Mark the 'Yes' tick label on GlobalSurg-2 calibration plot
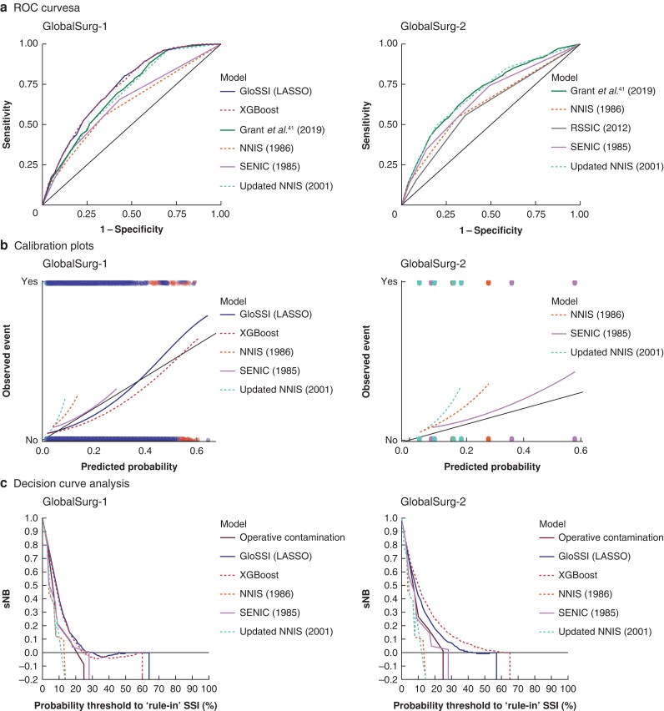[388, 283]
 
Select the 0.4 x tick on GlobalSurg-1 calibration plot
[145, 451]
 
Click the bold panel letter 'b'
[7, 248]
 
